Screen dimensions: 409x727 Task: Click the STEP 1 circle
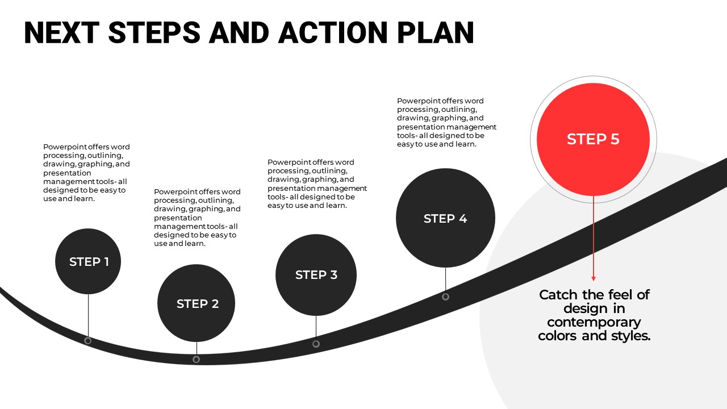[88, 261]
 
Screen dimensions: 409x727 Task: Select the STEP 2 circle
[197, 303]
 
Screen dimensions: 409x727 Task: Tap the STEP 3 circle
[316, 275]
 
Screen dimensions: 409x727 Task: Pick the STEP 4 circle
[445, 218]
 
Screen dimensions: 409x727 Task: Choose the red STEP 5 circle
[593, 139]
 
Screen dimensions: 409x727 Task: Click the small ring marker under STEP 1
[87, 340]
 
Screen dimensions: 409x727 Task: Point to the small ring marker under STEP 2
[196, 359]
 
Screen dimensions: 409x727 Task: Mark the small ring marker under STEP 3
[316, 344]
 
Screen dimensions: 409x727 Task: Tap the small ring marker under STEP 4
[445, 297]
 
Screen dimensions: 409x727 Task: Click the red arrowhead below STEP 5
[594, 278]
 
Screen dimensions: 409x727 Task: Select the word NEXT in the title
[61, 33]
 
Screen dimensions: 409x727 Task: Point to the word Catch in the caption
[560, 295]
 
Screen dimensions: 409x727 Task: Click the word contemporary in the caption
[594, 322]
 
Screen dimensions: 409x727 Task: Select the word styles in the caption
[629, 336]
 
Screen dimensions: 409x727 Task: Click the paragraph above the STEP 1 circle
[86, 173]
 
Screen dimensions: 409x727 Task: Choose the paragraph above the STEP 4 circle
[446, 122]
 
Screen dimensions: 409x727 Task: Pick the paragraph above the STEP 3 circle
[317, 183]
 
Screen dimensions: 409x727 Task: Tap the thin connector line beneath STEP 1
[88, 315]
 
